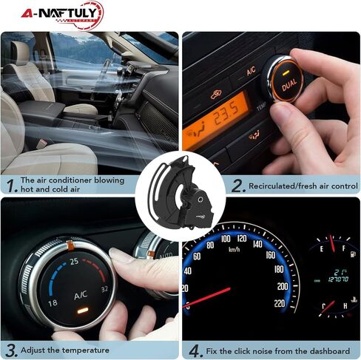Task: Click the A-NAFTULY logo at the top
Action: coord(62,16)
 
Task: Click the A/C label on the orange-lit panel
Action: coord(251,72)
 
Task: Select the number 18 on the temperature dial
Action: coord(53,302)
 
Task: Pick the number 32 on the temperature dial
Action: coord(104,289)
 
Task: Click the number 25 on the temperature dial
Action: coord(74,262)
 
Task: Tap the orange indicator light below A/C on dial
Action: coord(82,310)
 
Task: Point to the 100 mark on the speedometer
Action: coord(226,239)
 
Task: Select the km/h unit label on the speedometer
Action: coord(234,250)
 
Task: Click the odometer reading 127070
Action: coord(338,279)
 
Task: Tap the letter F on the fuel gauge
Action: coord(343,248)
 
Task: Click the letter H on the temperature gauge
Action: coord(345,306)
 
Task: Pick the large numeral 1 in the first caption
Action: coord(11,186)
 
